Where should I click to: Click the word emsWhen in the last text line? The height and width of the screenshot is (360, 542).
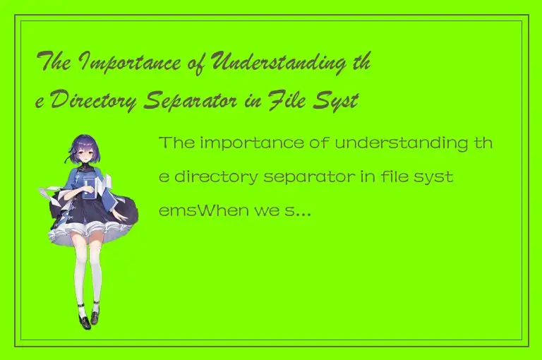click(204, 210)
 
